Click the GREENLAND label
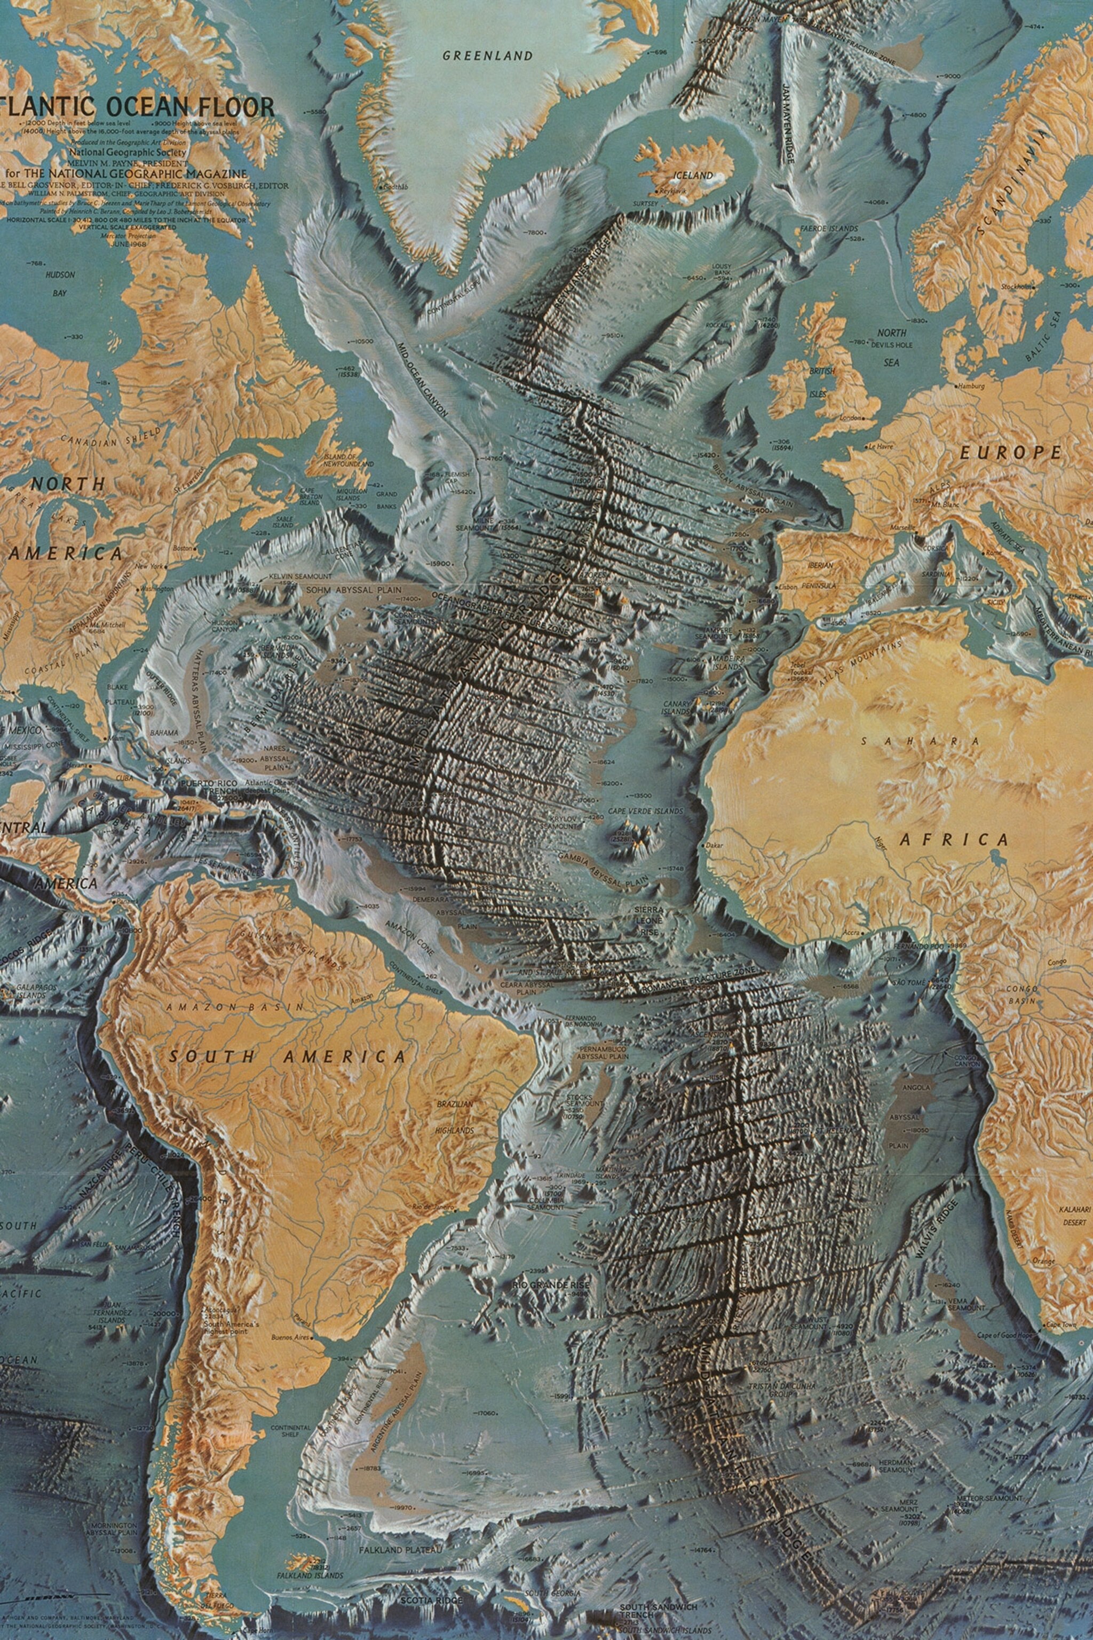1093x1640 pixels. (x=488, y=56)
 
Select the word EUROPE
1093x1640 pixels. (x=1010, y=453)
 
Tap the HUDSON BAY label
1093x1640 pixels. (x=60, y=285)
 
